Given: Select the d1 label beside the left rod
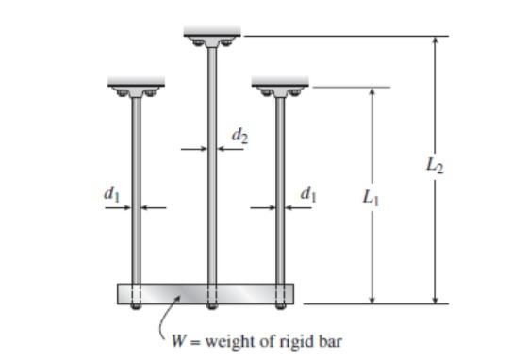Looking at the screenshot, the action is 110,194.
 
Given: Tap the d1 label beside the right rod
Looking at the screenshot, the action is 307,194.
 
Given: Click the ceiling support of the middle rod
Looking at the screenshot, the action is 211,38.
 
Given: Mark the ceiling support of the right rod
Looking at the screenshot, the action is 280,88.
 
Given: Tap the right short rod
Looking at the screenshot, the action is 280,207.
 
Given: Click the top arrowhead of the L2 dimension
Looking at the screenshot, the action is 435,42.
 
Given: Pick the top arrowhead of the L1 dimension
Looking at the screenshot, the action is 372,93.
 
